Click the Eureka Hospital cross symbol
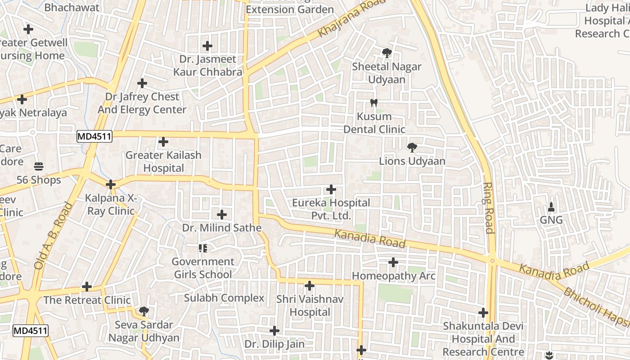(x=331, y=189)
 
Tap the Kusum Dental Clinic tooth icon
(x=373, y=103)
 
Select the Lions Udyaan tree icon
(x=411, y=148)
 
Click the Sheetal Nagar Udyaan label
(x=387, y=73)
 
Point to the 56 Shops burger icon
(x=39, y=166)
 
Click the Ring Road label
(x=489, y=208)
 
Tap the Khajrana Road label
(x=352, y=19)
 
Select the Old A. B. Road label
(x=53, y=236)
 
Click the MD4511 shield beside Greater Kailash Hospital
(x=94, y=136)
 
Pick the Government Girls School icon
(x=202, y=248)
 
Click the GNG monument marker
(x=551, y=207)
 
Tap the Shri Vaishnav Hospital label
(x=310, y=306)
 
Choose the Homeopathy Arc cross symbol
(x=393, y=262)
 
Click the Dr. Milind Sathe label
(x=222, y=228)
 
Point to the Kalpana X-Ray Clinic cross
(x=111, y=184)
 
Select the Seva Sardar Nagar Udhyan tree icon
(x=144, y=311)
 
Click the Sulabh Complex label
(x=224, y=298)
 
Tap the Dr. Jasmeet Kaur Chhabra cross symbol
(x=207, y=46)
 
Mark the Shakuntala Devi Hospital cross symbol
(x=483, y=312)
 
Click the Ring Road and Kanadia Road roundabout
(x=492, y=260)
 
